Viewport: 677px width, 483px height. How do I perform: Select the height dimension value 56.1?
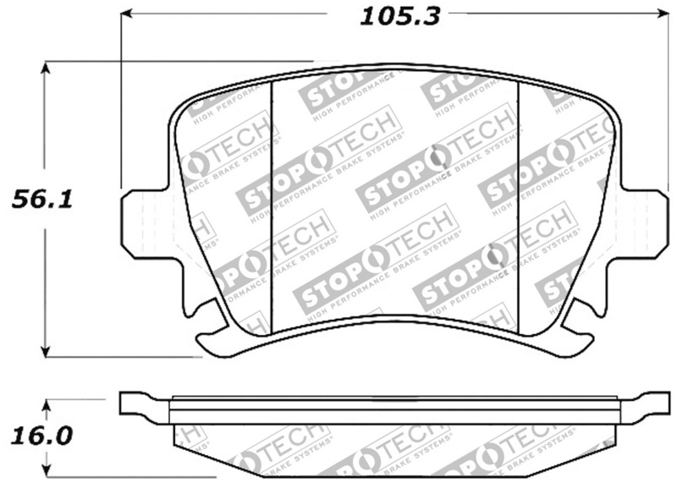39,201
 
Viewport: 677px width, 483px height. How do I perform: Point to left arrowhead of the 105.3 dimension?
127,14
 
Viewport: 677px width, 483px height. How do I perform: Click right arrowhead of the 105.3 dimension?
663,14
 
